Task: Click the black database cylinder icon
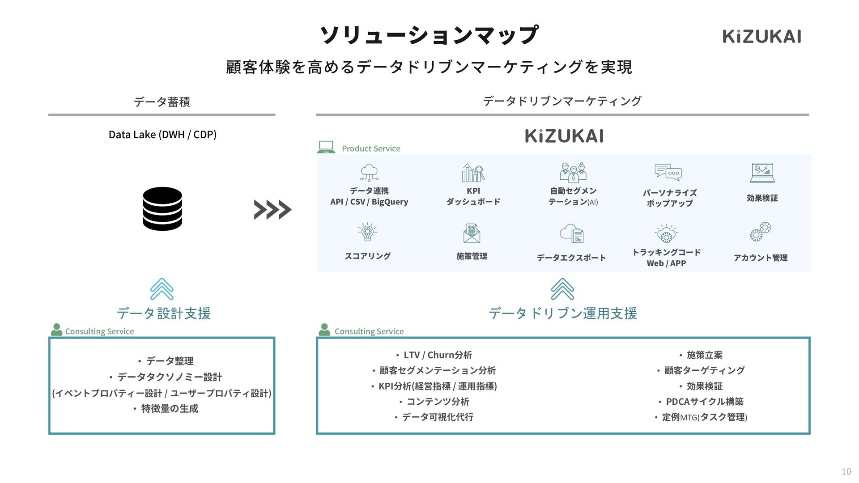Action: point(162,209)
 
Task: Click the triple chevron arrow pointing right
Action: point(272,210)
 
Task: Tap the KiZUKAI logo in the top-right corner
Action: point(761,37)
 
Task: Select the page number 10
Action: point(846,471)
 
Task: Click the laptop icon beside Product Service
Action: point(326,147)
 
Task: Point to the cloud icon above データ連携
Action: point(369,173)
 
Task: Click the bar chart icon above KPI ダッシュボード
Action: point(473,173)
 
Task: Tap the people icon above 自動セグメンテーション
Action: point(573,173)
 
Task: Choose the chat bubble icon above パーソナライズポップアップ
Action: point(668,172)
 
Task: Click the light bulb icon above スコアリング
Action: point(367,232)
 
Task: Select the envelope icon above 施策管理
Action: point(472,233)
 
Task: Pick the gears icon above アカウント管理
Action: point(761,232)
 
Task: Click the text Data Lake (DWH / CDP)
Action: point(162,135)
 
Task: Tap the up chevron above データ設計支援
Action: point(162,289)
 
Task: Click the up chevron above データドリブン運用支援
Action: point(562,289)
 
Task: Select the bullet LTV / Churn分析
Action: point(437,355)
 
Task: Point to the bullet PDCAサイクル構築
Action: point(704,402)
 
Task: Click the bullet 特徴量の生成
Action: point(169,409)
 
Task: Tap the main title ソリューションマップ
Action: point(429,35)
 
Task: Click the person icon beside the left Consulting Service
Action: point(56,330)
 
